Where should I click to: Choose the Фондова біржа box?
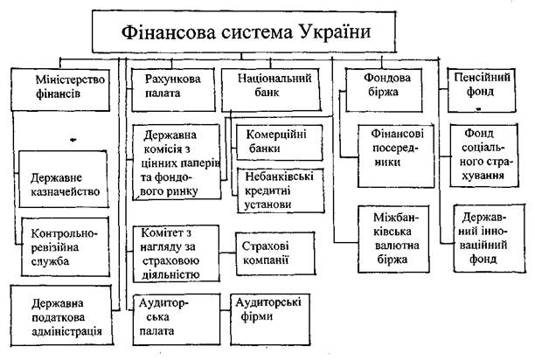coord(381,87)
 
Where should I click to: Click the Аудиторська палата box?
coord(171,316)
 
